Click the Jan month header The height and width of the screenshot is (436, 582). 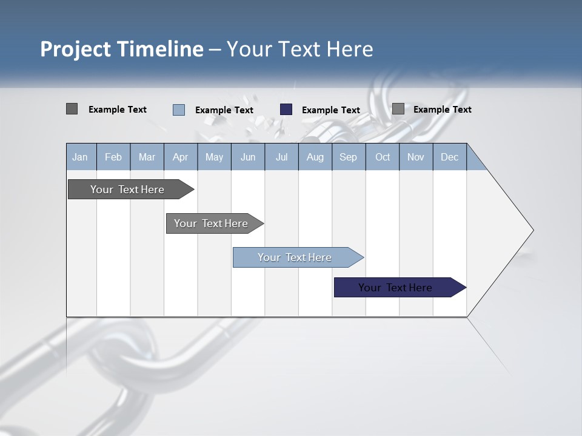pyautogui.click(x=80, y=157)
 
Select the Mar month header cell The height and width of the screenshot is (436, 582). pyautogui.click(x=147, y=157)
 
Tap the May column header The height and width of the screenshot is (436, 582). pyautogui.click(x=214, y=157)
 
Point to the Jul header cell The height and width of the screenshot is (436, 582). pyautogui.click(x=281, y=157)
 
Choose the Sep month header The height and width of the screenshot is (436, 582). pyautogui.click(x=348, y=157)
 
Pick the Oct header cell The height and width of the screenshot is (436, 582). pyautogui.click(x=383, y=157)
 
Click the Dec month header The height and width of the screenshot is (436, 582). pyautogui.click(x=449, y=157)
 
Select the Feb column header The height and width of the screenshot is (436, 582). pyautogui.click(x=113, y=157)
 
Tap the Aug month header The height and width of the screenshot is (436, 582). pyautogui.click(x=315, y=157)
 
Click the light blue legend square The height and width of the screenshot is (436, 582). pyautogui.click(x=179, y=110)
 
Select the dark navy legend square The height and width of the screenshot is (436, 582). pyautogui.click(x=286, y=110)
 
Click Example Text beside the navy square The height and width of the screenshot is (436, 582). pyautogui.click(x=330, y=110)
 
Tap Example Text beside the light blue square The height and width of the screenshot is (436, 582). pyautogui.click(x=224, y=110)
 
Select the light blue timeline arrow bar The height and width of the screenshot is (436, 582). pyautogui.click(x=295, y=257)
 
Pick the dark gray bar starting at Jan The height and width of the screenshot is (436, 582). pyautogui.click(x=128, y=190)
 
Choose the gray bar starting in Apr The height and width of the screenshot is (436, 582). pyautogui.click(x=212, y=223)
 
